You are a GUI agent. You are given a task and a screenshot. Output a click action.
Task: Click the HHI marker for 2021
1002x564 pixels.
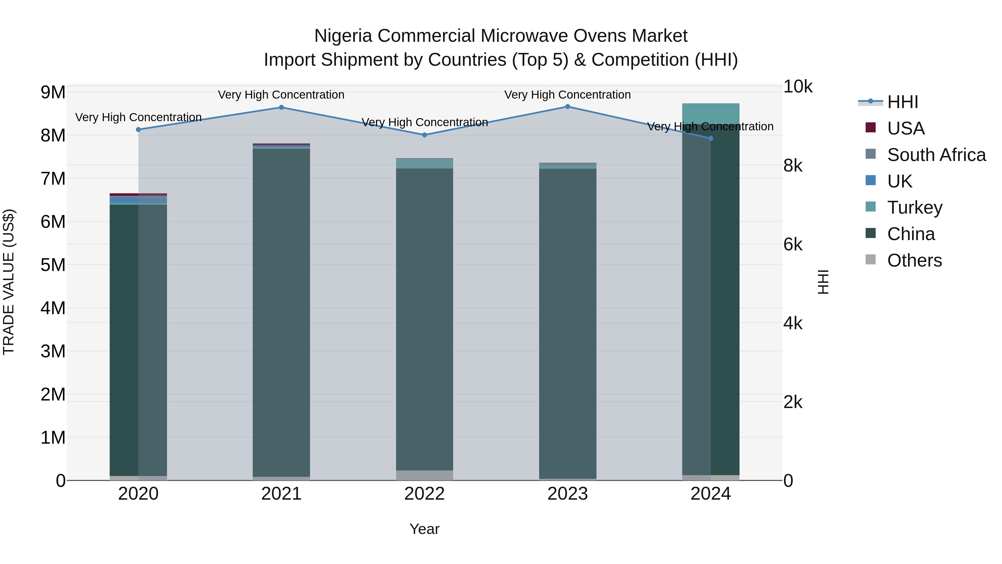pos(281,108)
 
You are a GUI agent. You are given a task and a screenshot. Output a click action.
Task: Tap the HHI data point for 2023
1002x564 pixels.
pos(568,107)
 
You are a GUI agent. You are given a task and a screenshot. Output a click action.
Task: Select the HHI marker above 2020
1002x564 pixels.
pos(138,130)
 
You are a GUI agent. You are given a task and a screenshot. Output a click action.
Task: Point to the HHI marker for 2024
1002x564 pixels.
pos(711,138)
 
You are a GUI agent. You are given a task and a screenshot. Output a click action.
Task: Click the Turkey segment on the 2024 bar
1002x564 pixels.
pos(711,114)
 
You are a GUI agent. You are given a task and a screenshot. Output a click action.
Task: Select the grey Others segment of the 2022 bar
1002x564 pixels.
pos(424,475)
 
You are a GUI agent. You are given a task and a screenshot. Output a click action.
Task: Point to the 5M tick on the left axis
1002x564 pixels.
pos(53,265)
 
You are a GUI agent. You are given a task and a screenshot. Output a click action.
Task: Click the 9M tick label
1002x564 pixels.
pos(53,93)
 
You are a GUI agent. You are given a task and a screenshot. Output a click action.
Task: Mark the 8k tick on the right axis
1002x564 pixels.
pos(793,166)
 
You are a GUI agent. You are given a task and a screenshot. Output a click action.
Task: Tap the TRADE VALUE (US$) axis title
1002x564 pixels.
pos(9,282)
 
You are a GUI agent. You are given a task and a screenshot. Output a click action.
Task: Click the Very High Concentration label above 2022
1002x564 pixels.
pos(424,122)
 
